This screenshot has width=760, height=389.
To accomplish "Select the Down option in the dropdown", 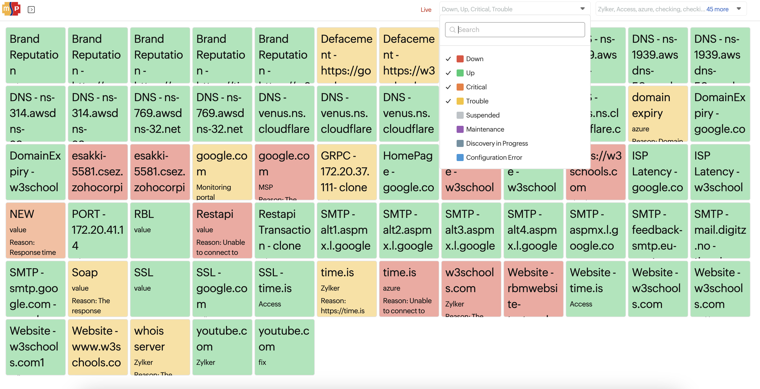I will click(474, 59).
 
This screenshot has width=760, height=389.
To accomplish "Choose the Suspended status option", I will click(482, 115).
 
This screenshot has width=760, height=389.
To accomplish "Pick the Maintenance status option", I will click(485, 129).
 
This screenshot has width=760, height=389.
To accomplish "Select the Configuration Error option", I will click(494, 158).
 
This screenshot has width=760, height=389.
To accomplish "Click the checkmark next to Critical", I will click(448, 87).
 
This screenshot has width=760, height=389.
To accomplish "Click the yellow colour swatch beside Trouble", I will click(460, 101).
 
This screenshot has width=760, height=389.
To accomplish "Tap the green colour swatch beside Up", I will click(460, 73).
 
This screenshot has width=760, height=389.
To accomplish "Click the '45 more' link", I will click(717, 9).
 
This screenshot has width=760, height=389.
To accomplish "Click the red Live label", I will click(426, 10).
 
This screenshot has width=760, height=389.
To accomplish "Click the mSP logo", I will click(11, 9).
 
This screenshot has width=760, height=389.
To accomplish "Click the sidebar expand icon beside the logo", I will click(31, 10).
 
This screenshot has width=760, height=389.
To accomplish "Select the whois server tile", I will click(160, 347).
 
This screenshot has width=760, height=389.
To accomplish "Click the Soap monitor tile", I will click(98, 289).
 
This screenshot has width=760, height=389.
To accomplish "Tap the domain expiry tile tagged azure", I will click(658, 113).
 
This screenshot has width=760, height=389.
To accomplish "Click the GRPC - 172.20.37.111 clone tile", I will click(346, 172).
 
